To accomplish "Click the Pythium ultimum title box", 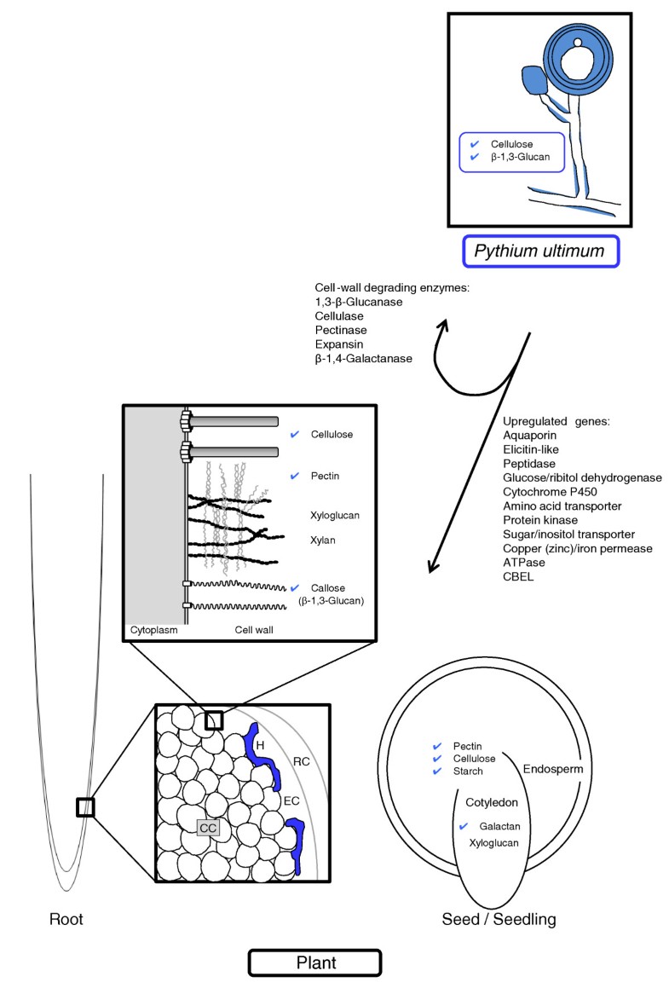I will point(539,251).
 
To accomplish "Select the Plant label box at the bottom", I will point(314,962).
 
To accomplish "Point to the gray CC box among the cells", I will point(208,826).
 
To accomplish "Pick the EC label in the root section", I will point(292,800).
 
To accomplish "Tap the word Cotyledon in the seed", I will point(493,802).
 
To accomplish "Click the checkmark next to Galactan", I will point(464,826).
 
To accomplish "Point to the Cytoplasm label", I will point(153,631).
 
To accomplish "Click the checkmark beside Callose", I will point(295,588).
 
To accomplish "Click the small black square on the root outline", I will point(84,806).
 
